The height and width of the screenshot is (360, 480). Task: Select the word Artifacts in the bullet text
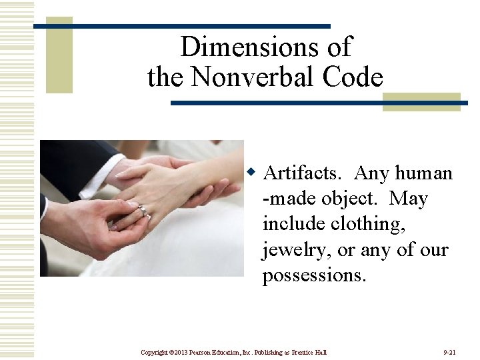coord(303,173)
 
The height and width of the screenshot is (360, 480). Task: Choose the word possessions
coord(314,275)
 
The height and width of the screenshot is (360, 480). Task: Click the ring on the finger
coord(143,211)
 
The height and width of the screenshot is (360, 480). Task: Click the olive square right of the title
coord(421,101)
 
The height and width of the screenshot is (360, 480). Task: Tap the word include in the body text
coord(286,225)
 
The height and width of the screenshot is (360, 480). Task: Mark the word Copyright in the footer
coord(153,351)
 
